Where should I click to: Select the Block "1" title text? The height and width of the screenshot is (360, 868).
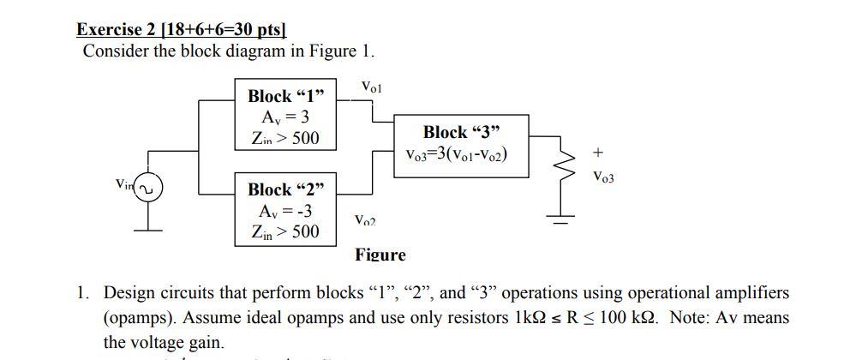tap(287, 95)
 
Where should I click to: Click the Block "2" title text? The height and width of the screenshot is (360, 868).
tap(287, 189)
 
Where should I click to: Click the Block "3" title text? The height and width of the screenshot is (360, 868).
tap(461, 132)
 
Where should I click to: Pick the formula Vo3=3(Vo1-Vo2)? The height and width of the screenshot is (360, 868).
tap(460, 155)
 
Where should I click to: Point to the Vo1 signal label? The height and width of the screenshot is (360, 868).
tap(373, 87)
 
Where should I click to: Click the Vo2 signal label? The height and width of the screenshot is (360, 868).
tap(365, 221)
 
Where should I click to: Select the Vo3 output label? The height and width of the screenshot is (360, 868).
tap(603, 177)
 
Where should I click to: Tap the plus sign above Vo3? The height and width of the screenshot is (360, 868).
tap(597, 153)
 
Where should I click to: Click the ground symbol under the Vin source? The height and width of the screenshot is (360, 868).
tap(147, 226)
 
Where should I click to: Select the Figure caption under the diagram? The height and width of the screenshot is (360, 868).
tap(380, 255)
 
